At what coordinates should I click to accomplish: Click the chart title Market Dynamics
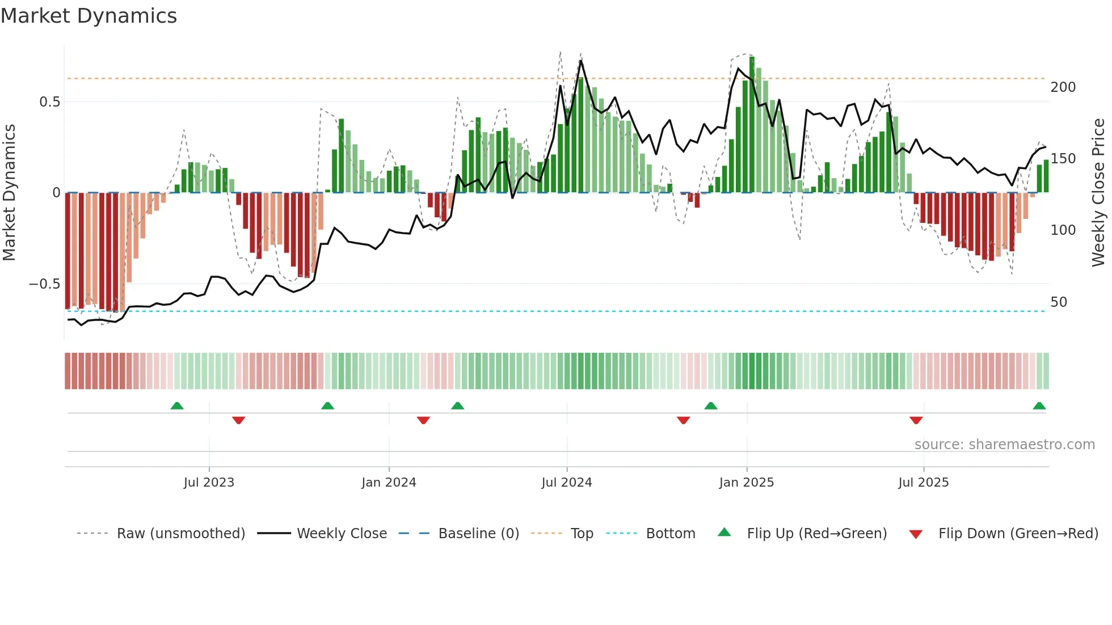click(x=89, y=16)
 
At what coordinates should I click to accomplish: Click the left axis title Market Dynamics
click(x=9, y=192)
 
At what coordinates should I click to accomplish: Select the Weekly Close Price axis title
click(x=1098, y=192)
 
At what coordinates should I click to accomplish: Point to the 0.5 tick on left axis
click(x=49, y=102)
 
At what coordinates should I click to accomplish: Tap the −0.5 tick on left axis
click(x=45, y=284)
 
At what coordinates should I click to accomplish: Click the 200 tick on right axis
click(x=1063, y=87)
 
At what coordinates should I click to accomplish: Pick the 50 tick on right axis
click(x=1059, y=302)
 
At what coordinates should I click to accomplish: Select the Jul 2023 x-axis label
click(x=209, y=483)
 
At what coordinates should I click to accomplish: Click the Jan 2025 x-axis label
click(x=746, y=483)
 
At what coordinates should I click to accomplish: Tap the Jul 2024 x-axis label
click(x=566, y=483)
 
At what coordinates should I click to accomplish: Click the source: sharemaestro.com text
click(x=1004, y=445)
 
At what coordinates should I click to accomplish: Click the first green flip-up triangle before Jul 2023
click(x=177, y=406)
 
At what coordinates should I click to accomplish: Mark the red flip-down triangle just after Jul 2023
click(x=238, y=420)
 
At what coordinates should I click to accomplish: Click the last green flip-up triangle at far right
click(x=1039, y=406)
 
